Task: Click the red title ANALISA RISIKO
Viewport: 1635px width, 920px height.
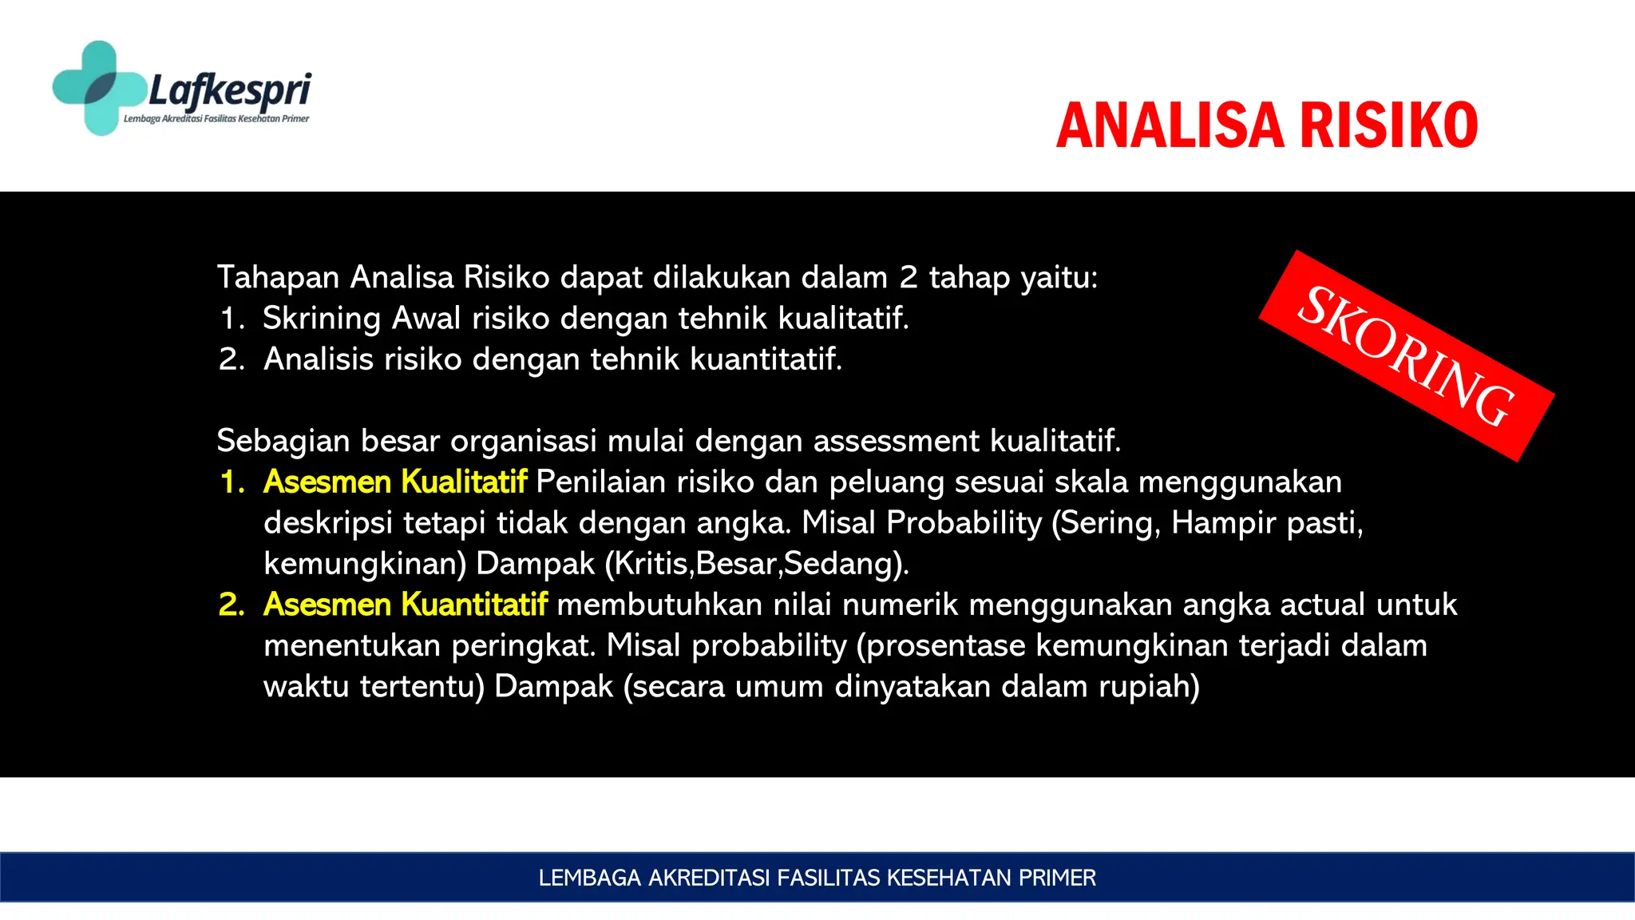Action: coord(1267,125)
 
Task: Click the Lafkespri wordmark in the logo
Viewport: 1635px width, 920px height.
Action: coord(230,89)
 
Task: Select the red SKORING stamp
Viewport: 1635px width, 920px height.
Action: coord(1406,356)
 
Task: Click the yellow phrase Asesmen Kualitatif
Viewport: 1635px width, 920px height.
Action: coord(395,482)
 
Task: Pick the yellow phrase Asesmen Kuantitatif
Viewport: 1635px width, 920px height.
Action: coord(406,605)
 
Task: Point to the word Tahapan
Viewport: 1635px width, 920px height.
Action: coord(279,278)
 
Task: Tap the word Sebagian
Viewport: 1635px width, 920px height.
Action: coord(283,441)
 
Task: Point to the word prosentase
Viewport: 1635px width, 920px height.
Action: coord(944,645)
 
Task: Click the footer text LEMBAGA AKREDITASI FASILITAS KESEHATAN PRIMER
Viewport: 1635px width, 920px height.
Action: coord(817,878)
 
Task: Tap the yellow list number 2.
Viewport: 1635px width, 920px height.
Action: coord(232,605)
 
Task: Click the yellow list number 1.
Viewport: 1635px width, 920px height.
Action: coord(232,482)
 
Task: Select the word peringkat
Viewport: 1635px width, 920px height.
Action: coord(523,645)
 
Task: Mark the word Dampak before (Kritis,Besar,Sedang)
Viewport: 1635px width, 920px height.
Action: coord(535,564)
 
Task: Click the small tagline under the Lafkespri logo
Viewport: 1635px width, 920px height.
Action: coord(216,119)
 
